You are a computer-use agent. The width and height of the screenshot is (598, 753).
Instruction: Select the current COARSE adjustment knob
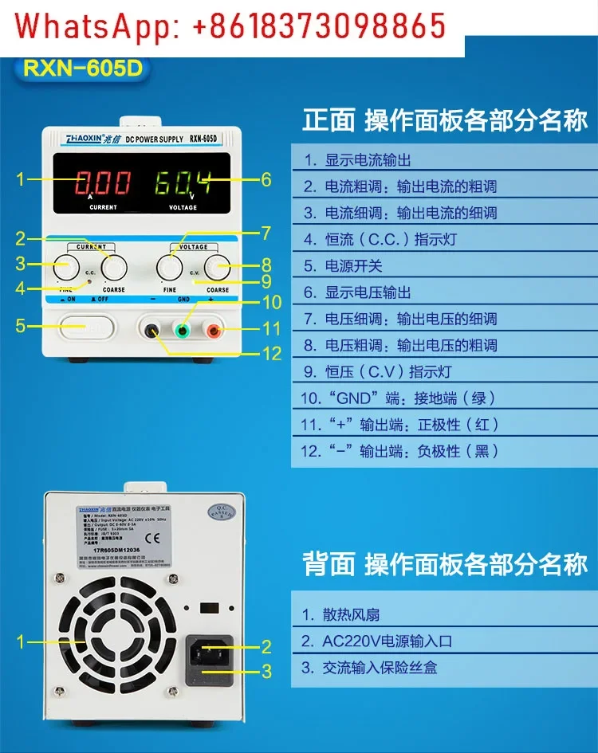click(x=113, y=266)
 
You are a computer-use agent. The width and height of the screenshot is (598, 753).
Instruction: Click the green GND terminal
click(x=183, y=328)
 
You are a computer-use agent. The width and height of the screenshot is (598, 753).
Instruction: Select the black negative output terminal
click(x=151, y=328)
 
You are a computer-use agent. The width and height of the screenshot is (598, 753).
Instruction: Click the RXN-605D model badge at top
click(x=82, y=68)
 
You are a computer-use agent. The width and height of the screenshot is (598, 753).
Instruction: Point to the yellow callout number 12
click(x=272, y=354)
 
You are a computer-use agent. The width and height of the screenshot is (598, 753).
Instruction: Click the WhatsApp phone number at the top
click(x=318, y=26)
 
